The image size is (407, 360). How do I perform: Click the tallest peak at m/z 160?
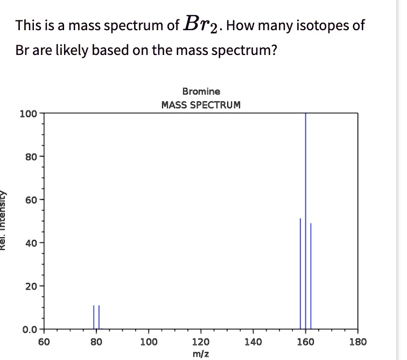pos(305,216)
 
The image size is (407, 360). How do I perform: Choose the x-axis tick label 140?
pos(253,341)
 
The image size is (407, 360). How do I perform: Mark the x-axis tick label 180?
pos(358,341)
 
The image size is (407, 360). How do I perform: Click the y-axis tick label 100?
pos(27,114)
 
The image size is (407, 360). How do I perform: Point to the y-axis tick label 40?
pos(30,243)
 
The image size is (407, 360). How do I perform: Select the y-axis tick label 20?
pos(30,286)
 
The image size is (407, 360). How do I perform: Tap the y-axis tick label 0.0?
pos(29,329)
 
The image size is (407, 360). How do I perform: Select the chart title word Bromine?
pos(201,92)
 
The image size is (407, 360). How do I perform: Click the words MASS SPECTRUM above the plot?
pos(201,104)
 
